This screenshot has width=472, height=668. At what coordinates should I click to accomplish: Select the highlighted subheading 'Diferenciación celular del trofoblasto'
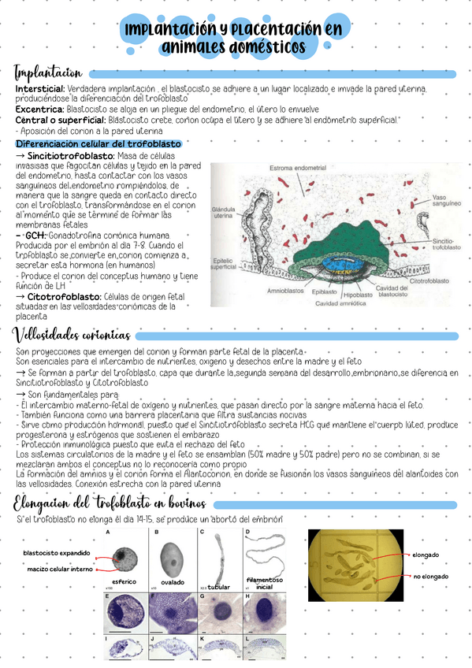pos(98,144)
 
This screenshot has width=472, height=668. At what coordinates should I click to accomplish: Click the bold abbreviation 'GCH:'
pos(35,236)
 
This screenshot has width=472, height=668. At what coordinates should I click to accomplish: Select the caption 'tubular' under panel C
pos(218,586)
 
